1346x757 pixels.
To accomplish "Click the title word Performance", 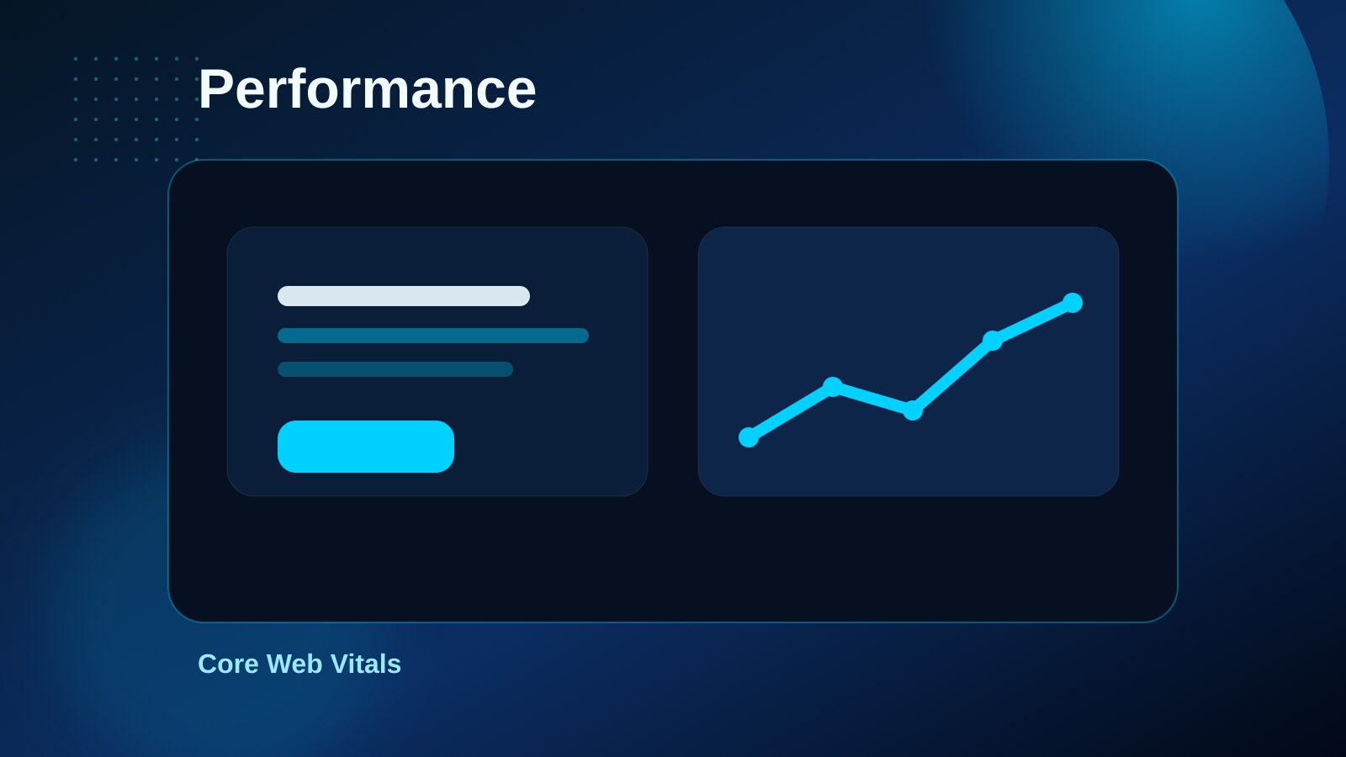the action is click(x=367, y=90).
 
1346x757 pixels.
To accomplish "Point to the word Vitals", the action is click(x=365, y=664).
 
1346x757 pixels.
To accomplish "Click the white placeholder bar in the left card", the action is click(x=404, y=296).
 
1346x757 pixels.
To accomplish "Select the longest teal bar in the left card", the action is click(x=433, y=336).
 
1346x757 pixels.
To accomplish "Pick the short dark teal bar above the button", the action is click(x=395, y=369).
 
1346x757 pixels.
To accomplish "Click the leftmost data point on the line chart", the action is click(x=749, y=437).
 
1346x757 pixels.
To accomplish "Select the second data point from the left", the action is click(x=833, y=387).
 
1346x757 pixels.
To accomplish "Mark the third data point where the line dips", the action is click(x=913, y=410).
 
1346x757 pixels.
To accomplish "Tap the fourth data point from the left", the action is click(x=993, y=341).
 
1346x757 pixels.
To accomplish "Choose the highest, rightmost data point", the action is click(x=1073, y=303).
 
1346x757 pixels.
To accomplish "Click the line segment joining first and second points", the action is click(x=791, y=412).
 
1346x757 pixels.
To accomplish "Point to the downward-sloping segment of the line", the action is click(x=872, y=399).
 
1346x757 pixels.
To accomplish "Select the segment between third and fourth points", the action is click(x=952, y=375).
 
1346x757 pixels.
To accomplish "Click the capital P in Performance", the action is click(x=215, y=90).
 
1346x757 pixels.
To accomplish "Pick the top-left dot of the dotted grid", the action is click(x=76, y=59).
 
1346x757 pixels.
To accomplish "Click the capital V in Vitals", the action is click(x=340, y=664).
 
